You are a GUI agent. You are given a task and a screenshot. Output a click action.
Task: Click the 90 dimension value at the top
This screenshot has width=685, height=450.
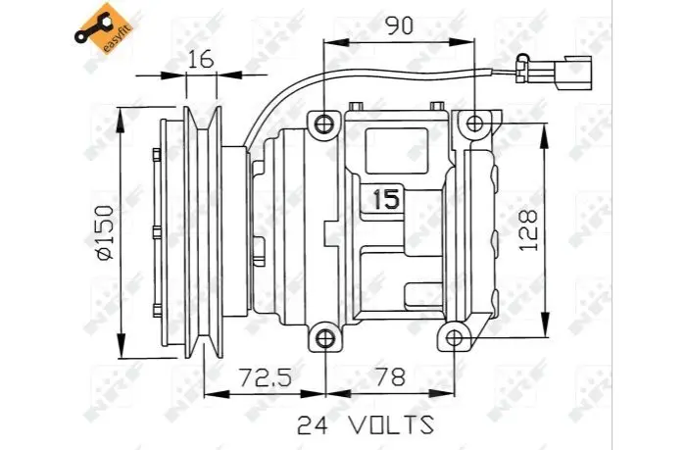click(x=399, y=26)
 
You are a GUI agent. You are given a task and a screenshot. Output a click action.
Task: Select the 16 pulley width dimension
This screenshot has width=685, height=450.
click(x=201, y=59)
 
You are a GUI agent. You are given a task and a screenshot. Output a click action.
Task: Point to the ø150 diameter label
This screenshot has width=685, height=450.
click(x=105, y=232)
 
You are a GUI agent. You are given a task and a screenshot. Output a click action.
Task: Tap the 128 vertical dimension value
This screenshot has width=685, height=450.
click(x=528, y=229)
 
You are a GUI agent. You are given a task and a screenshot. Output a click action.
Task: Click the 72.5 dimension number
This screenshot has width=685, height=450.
click(x=265, y=376)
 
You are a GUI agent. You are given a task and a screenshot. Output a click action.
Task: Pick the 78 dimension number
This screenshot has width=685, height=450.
click(x=391, y=376)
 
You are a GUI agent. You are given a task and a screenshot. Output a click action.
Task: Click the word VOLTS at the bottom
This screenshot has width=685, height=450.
click(x=391, y=425)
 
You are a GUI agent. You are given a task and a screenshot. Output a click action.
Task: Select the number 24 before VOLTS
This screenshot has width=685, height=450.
click(x=313, y=425)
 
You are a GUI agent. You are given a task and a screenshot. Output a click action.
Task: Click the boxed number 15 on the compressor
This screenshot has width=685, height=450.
click(x=386, y=199)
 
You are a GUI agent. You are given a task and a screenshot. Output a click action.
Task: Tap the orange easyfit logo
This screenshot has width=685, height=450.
click(x=103, y=29)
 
